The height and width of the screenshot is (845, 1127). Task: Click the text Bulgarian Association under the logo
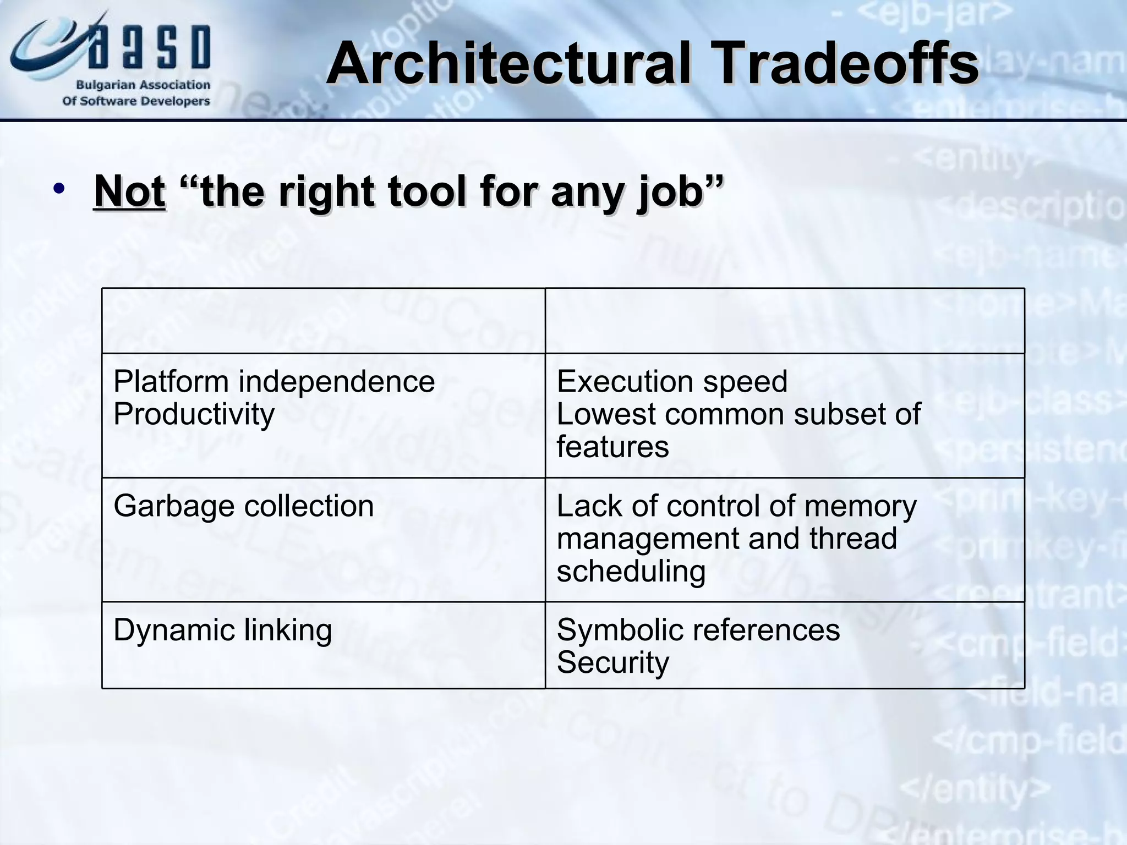(143, 85)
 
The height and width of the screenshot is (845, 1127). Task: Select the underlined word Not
(130, 191)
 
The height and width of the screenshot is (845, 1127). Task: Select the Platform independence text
(274, 381)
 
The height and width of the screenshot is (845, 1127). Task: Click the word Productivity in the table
(194, 414)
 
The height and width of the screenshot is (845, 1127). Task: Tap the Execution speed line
(672, 381)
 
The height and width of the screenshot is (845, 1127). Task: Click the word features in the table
(612, 446)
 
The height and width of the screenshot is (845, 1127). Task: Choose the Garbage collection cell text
(243, 506)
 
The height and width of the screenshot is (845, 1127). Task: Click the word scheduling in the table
(631, 571)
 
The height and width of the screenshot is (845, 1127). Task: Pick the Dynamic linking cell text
(222, 630)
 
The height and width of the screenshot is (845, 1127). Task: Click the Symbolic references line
(698, 630)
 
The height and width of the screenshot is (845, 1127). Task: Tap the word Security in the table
(612, 662)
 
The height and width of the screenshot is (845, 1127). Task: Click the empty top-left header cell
(323, 321)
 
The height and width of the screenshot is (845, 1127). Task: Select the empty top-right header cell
(784, 321)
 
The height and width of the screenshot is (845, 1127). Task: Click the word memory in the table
(860, 506)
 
